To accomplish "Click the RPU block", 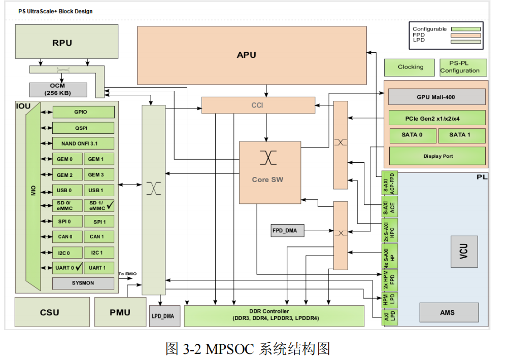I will coord(62,43).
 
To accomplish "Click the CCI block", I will coord(258,105).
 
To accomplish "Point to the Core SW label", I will coord(267,179).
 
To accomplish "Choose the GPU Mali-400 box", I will coord(436,97).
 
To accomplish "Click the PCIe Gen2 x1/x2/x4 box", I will coord(436,118).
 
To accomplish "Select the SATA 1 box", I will coord(460,135).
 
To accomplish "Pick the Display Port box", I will coord(436,156).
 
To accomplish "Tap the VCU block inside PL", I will coord(464,251).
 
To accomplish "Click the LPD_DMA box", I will coord(162,316).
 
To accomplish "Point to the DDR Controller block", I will coord(274,315).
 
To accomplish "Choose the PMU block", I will coord(120,312).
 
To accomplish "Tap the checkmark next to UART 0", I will coord(78,267).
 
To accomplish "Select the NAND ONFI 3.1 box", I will coord(83,143).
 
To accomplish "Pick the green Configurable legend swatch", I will coord(465,29).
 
